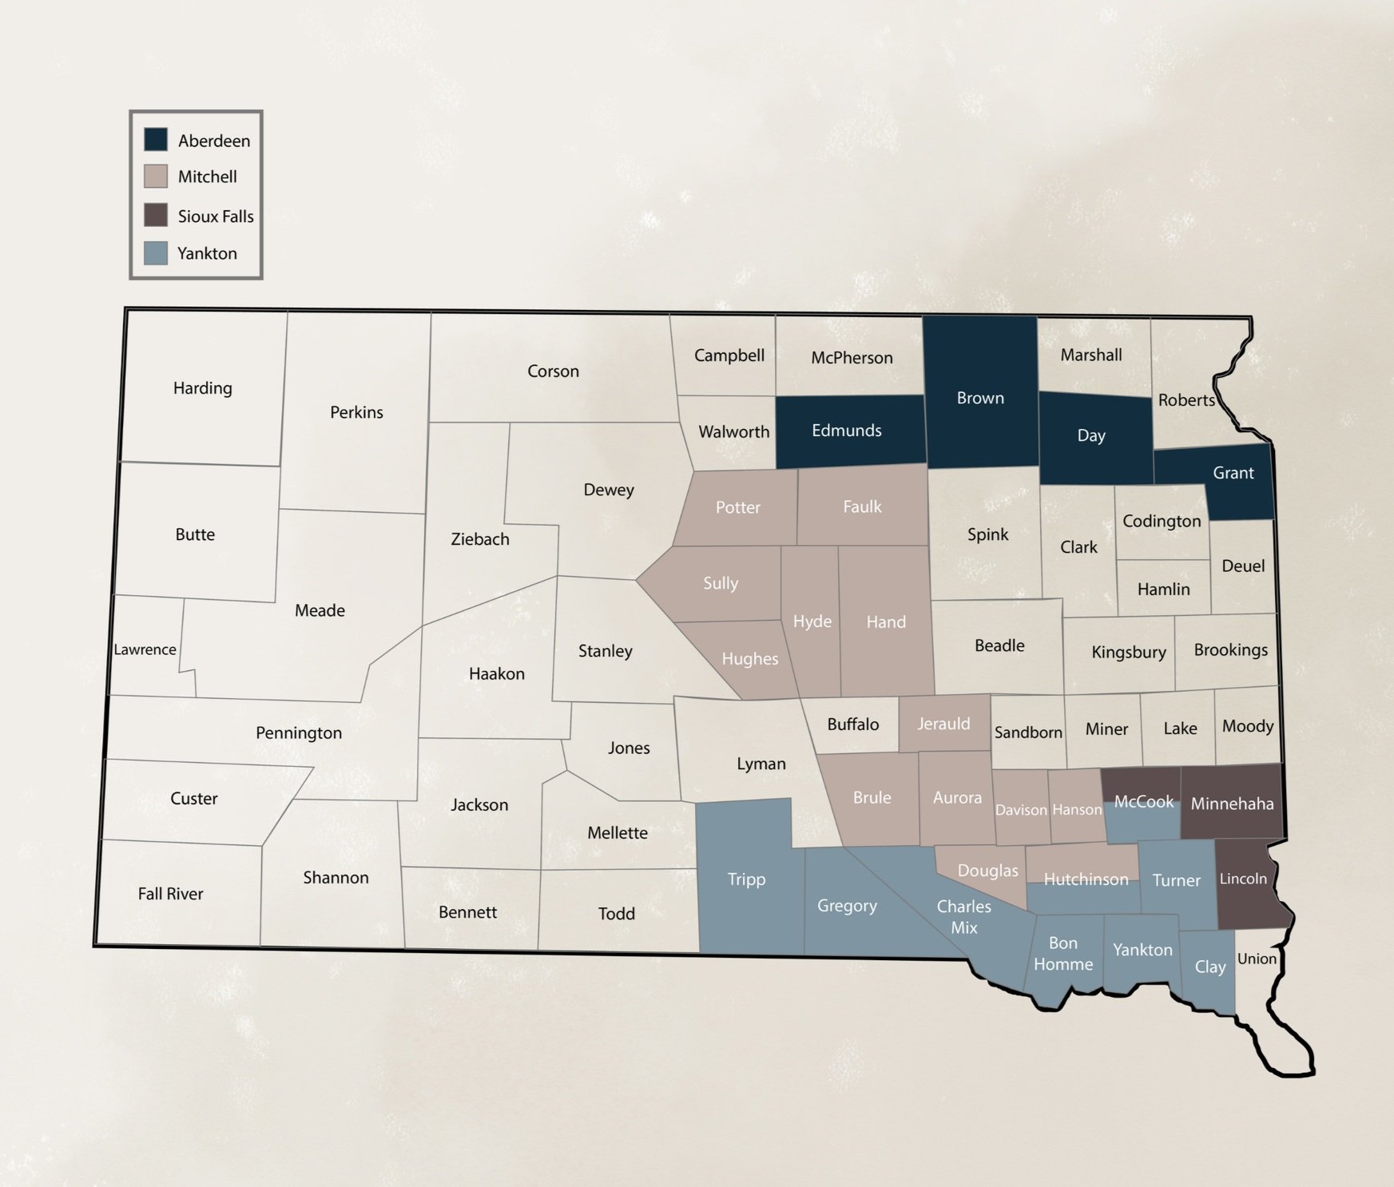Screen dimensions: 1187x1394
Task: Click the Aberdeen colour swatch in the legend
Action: point(156,140)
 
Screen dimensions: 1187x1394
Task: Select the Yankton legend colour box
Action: point(156,253)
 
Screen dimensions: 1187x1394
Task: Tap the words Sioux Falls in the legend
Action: point(215,216)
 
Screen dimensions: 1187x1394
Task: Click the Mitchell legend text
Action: point(207,177)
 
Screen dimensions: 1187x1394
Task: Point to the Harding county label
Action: point(202,388)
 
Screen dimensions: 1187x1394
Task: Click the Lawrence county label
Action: point(145,649)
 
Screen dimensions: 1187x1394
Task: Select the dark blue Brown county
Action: point(980,398)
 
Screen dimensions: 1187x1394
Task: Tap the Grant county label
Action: point(1233,473)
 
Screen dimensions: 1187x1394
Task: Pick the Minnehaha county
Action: point(1232,804)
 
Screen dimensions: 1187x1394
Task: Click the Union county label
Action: point(1256,959)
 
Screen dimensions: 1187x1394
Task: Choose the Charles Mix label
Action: point(963,917)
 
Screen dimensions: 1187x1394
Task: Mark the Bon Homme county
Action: point(1062,954)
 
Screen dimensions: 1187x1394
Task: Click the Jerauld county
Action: point(943,724)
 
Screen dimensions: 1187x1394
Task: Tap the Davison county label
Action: point(1020,810)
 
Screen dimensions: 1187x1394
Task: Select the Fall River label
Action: point(170,894)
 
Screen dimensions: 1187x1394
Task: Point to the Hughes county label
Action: point(749,659)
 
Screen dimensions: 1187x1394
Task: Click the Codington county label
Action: point(1161,522)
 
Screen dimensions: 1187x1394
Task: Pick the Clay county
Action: point(1209,967)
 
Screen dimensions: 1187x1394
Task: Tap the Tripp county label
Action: point(746,879)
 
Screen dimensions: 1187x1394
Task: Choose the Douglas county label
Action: point(987,871)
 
